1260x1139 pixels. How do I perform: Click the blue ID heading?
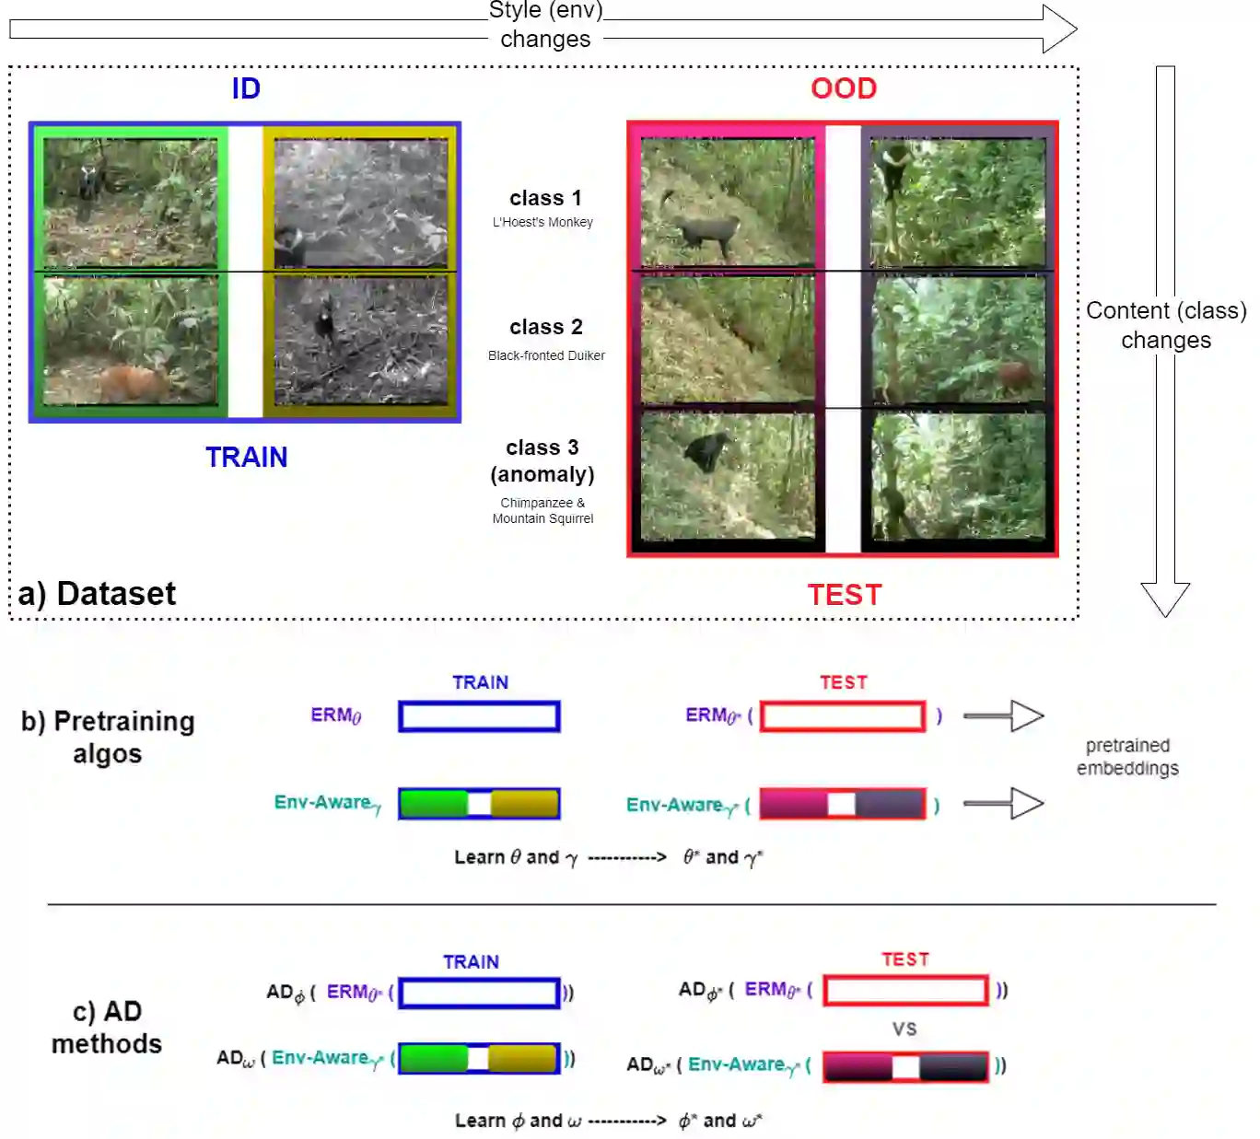(246, 88)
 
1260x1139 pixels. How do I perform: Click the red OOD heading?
(843, 88)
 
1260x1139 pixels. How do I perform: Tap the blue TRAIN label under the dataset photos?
(246, 457)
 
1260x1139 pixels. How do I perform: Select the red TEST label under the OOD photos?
(845, 595)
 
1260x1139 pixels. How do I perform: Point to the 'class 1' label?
(545, 198)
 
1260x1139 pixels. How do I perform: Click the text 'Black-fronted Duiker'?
(546, 355)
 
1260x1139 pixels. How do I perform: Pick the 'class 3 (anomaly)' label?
(542, 460)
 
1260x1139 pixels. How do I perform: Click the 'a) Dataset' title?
(97, 594)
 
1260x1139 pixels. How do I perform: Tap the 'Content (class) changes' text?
(1166, 325)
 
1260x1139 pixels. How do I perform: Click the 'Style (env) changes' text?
(545, 25)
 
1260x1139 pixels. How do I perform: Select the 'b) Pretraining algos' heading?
(108, 737)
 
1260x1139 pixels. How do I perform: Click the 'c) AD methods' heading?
(107, 1027)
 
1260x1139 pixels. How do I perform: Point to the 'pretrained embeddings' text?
(1127, 756)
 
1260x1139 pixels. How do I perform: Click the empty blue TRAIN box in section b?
(479, 716)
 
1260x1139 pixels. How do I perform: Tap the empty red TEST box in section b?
(843, 716)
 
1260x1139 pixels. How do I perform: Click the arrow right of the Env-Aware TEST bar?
(1003, 804)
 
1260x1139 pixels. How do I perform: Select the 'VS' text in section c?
(904, 1029)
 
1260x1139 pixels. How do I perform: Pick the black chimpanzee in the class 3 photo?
(706, 451)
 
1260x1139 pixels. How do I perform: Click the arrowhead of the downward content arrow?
(1165, 598)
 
